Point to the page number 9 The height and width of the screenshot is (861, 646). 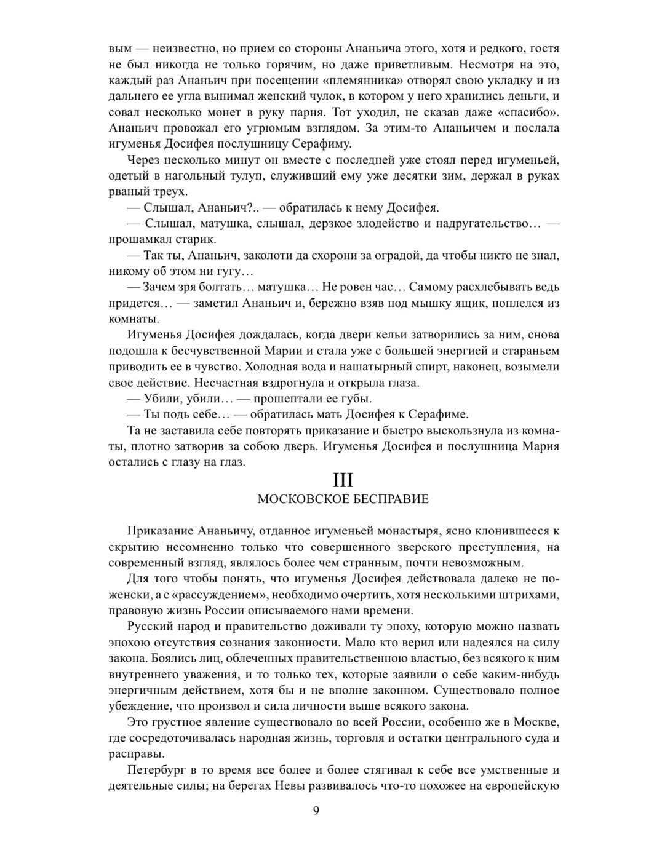pos(316,811)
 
